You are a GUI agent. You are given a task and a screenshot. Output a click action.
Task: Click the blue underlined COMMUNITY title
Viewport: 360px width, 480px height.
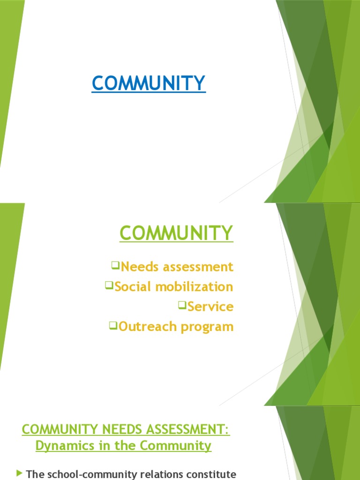149,83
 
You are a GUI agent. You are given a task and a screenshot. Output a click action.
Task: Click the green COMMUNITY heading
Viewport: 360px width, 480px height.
176,232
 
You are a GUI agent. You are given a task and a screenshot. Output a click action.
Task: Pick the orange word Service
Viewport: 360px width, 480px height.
210,307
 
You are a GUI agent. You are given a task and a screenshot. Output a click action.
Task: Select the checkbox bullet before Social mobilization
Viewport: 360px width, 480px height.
109,285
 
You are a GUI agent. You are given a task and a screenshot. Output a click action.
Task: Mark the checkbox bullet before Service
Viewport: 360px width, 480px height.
182,305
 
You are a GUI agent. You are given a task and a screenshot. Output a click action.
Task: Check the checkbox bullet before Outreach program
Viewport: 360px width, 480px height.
113,325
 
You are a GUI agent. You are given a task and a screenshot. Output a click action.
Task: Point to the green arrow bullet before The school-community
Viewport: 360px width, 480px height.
19,473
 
